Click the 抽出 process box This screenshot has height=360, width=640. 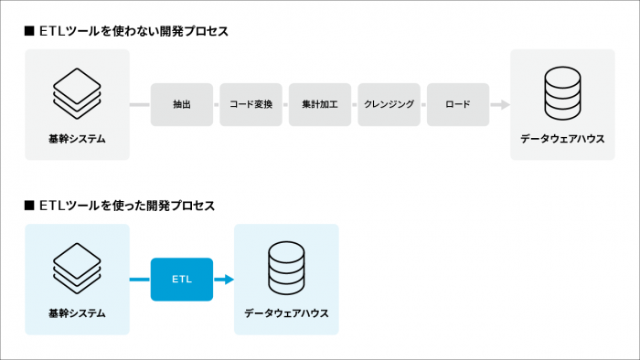coord(181,104)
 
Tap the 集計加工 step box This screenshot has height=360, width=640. coord(320,104)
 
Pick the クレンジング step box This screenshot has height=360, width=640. coord(389,104)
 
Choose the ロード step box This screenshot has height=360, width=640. coord(458,104)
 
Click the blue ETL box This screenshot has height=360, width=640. coord(182,280)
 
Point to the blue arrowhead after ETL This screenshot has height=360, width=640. coord(229,280)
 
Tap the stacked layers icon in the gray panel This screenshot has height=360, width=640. coord(77,88)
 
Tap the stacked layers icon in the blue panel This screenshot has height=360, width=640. coord(77,263)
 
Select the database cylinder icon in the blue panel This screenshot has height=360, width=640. coord(286,264)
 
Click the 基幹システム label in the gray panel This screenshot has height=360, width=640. coord(77,139)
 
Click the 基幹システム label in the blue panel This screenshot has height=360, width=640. coord(77,313)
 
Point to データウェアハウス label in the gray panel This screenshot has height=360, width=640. coord(562,139)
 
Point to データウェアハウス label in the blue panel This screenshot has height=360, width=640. coord(286,313)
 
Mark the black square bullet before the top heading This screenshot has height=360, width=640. coord(29,31)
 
